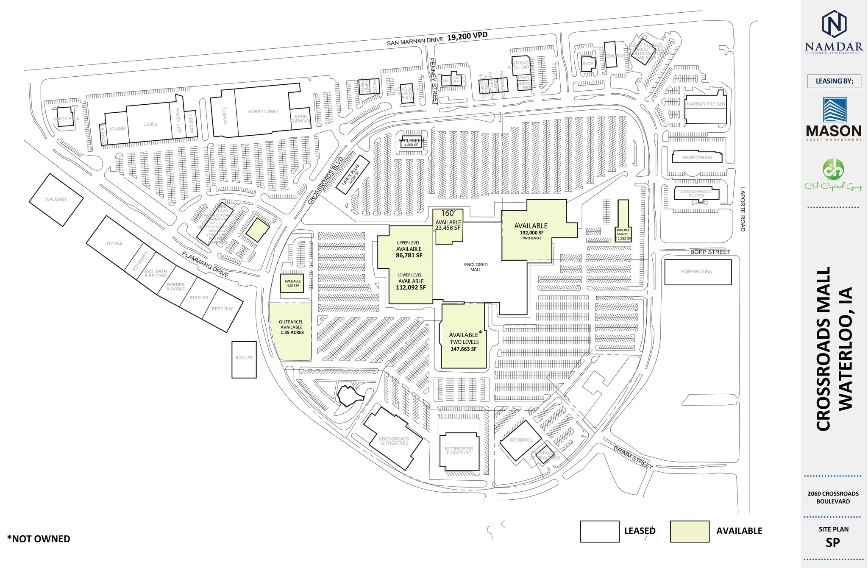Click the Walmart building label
click(x=56, y=199)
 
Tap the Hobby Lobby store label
click(x=263, y=111)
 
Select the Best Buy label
click(x=222, y=309)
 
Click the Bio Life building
click(x=244, y=358)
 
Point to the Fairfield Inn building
click(x=697, y=272)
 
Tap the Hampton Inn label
click(x=697, y=158)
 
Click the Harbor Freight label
click(x=706, y=104)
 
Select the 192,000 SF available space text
click(x=531, y=233)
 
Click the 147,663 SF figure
click(x=463, y=349)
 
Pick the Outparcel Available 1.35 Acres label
click(x=292, y=327)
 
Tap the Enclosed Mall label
click(x=476, y=267)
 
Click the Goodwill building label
click(x=521, y=440)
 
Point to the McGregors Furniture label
click(x=459, y=451)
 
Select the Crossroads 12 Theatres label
click(x=394, y=441)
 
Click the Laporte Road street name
click(x=742, y=209)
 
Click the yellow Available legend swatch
click(x=690, y=532)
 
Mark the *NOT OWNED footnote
click(x=39, y=539)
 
